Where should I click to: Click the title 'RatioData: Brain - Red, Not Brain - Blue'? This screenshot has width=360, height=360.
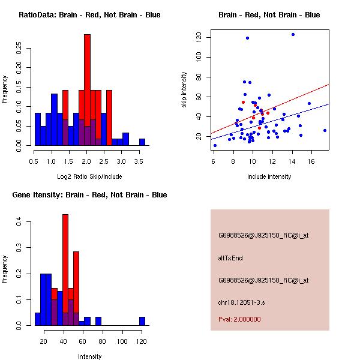pyautogui.click(x=89, y=14)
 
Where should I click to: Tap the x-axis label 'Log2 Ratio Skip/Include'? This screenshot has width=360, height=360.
pyautogui.click(x=89, y=176)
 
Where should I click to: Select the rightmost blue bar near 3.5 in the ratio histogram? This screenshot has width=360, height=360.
pyautogui.click(x=142, y=142)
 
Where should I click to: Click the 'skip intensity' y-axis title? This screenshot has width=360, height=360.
pyautogui.click(x=184, y=90)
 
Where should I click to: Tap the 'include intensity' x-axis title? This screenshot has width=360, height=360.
pyautogui.click(x=269, y=176)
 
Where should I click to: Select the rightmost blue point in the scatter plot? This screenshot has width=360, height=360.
pyautogui.click(x=325, y=130)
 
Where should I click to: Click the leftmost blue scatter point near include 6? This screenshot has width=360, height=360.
pyautogui.click(x=215, y=145)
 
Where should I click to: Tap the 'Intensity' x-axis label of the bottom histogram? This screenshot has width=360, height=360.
pyautogui.click(x=89, y=356)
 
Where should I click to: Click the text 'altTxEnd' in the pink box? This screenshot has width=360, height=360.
pyautogui.click(x=230, y=258)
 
